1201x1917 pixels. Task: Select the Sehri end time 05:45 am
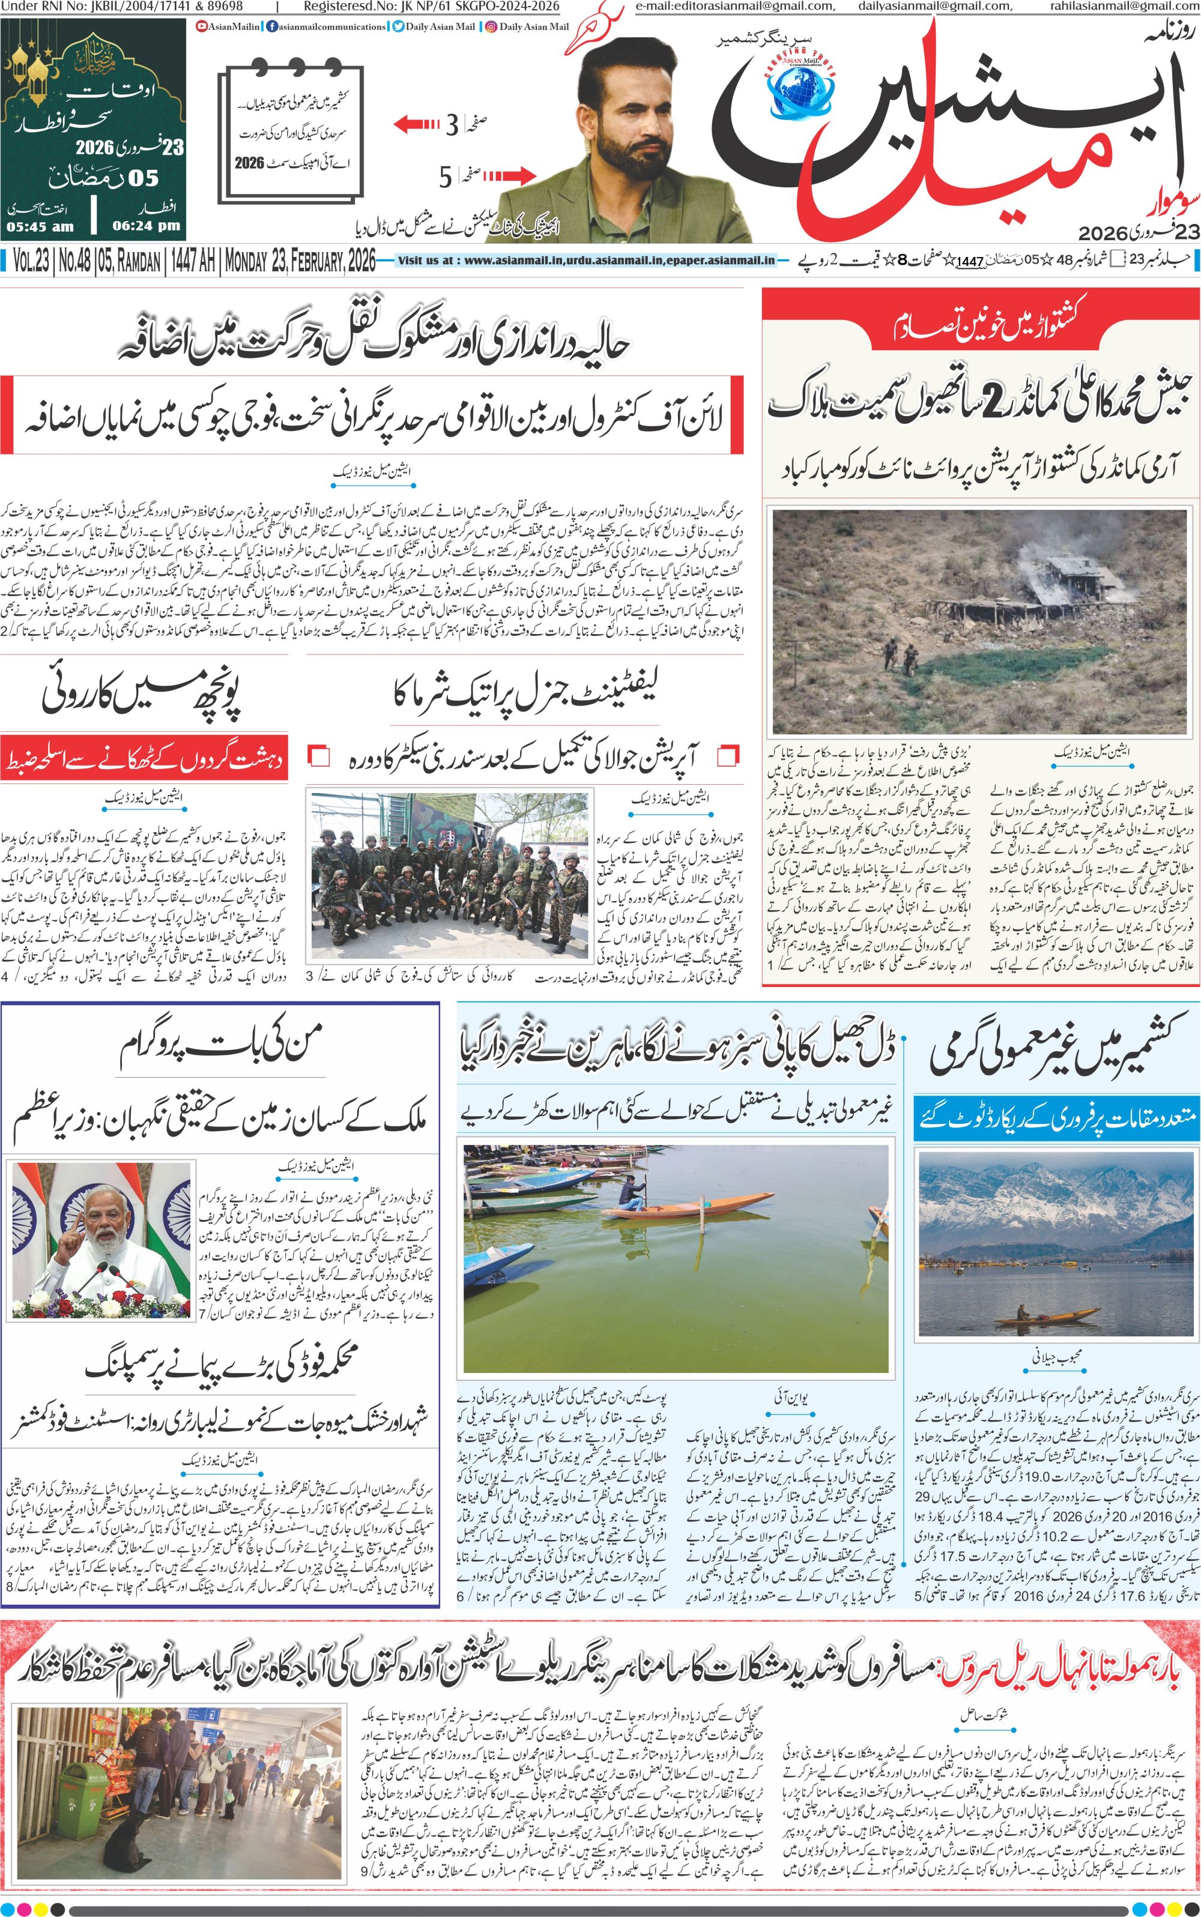[x=40, y=226]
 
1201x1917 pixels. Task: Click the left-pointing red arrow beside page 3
[x=416, y=124]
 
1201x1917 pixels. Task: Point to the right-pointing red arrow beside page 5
[x=500, y=175]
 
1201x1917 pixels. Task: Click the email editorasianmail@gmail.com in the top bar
[x=735, y=7]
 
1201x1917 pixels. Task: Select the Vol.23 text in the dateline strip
[x=30, y=261]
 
